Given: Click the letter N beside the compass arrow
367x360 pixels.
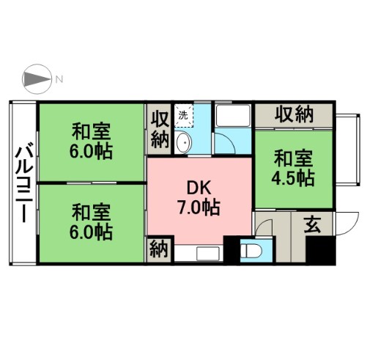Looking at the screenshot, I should pos(61,78).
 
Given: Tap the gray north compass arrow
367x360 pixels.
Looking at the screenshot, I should pos(37,78).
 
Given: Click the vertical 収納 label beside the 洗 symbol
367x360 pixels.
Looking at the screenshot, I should pos(160,128).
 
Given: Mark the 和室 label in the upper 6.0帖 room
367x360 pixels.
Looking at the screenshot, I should pos(91,133).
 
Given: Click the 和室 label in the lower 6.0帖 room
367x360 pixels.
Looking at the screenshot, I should pos(91,213).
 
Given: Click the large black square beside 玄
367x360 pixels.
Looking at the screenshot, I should pos(320,251).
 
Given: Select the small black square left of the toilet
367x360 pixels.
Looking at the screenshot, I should pos(233,250).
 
